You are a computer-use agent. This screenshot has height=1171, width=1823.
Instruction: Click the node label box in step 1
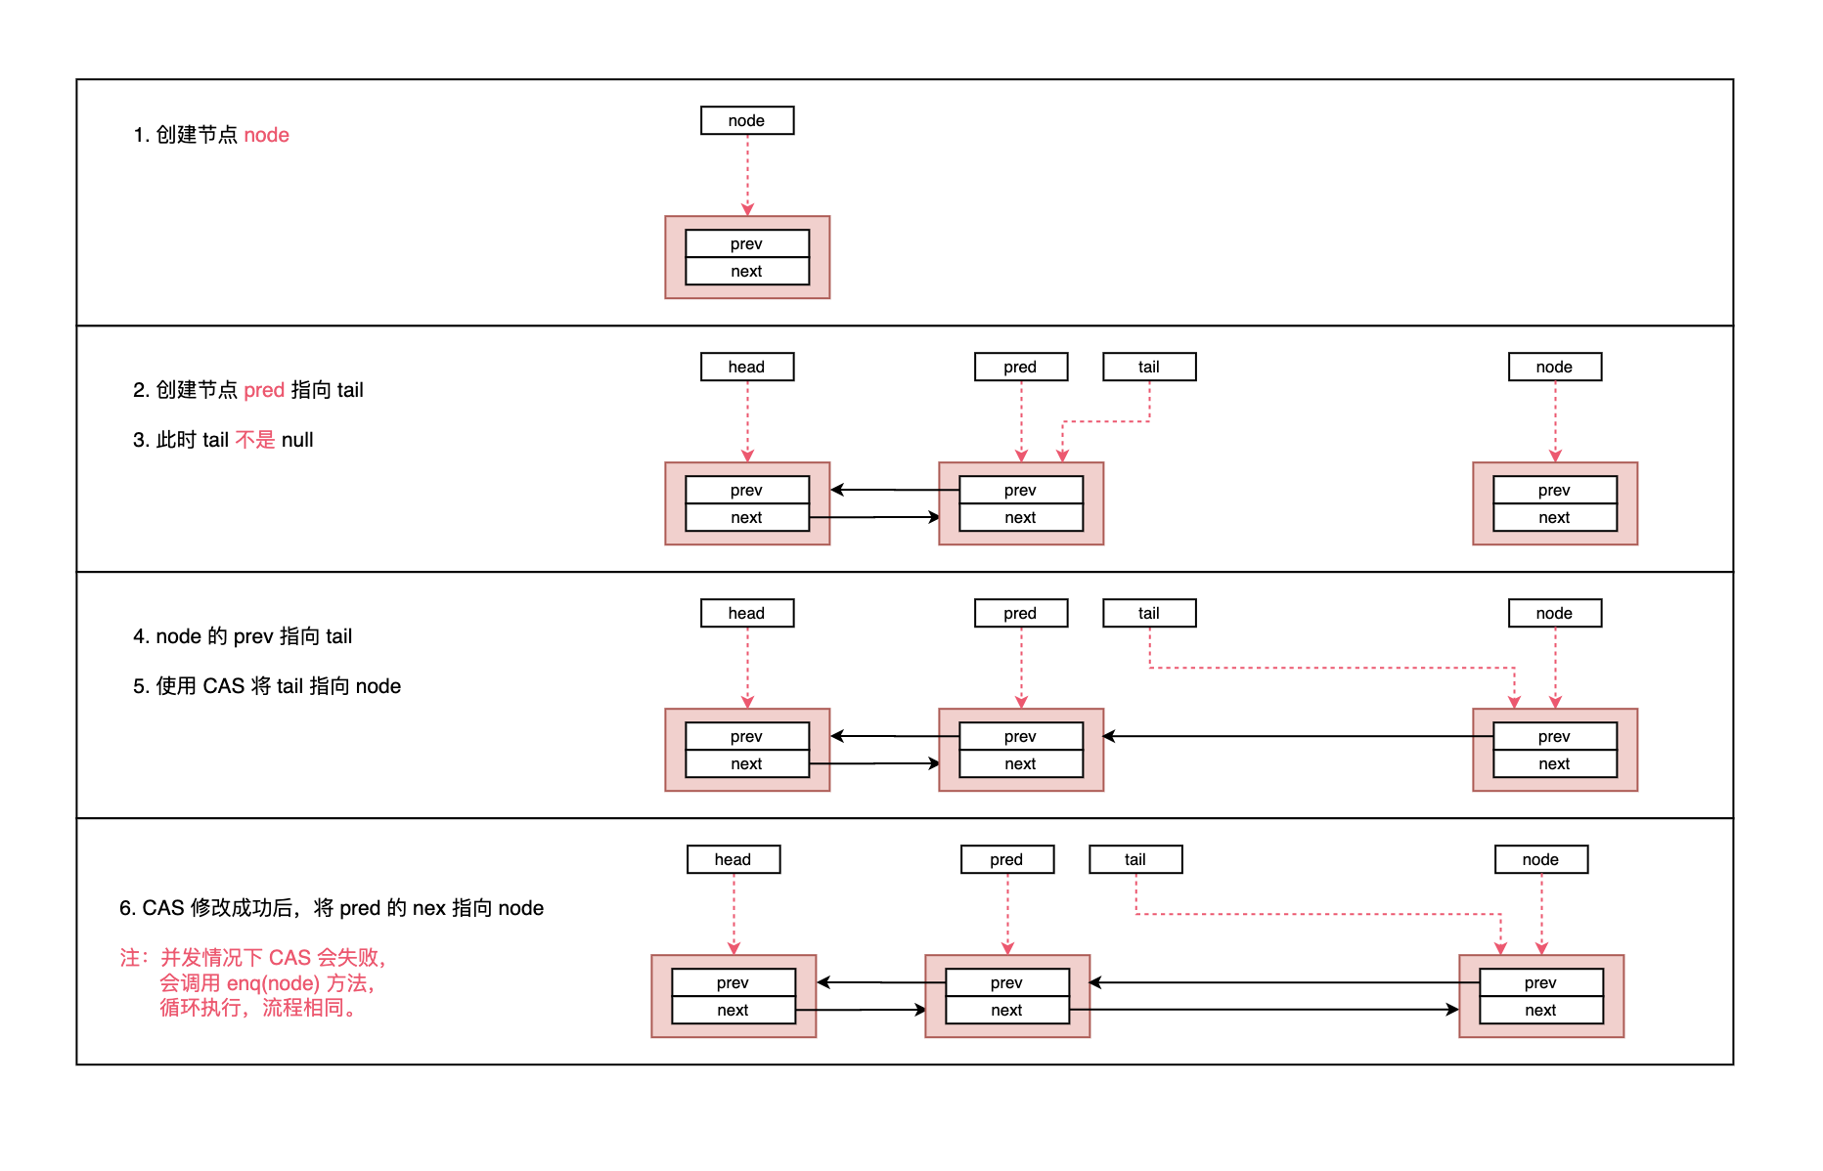pyautogui.click(x=747, y=120)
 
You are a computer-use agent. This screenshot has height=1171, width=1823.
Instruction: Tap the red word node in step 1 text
pyautogui.click(x=266, y=135)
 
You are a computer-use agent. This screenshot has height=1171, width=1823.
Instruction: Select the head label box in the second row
pyautogui.click(x=747, y=367)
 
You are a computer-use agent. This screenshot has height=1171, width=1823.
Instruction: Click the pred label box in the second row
pyautogui.click(x=1020, y=367)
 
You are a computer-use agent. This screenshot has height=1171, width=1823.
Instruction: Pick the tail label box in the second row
pyautogui.click(x=1149, y=367)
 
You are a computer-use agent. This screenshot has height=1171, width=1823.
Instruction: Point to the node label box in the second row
pyautogui.click(x=1554, y=367)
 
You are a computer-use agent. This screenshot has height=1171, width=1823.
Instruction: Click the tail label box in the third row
pyautogui.click(x=1149, y=613)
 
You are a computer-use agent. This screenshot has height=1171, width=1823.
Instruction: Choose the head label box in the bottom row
pyautogui.click(x=734, y=859)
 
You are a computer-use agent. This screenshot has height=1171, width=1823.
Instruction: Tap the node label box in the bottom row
pyautogui.click(x=1540, y=859)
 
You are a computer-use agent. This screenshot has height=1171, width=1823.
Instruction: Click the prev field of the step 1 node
pyautogui.click(x=747, y=243)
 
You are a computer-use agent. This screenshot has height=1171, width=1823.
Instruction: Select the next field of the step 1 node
pyautogui.click(x=747, y=271)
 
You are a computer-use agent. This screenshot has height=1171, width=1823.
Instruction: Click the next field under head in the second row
pyautogui.click(x=747, y=517)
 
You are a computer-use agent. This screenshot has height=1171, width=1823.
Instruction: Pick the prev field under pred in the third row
pyautogui.click(x=1020, y=736)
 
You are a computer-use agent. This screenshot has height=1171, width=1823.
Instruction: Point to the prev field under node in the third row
pyautogui.click(x=1554, y=736)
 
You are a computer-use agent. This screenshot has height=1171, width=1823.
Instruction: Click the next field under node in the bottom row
pyautogui.click(x=1540, y=1010)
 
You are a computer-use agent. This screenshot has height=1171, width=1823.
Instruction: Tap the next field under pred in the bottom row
pyautogui.click(x=1006, y=1010)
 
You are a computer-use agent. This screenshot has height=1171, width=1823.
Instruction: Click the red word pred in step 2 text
pyautogui.click(x=264, y=390)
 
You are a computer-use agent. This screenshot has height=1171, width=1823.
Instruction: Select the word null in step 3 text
pyautogui.click(x=297, y=440)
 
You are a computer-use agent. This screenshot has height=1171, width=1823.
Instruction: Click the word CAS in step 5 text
pyautogui.click(x=223, y=686)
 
